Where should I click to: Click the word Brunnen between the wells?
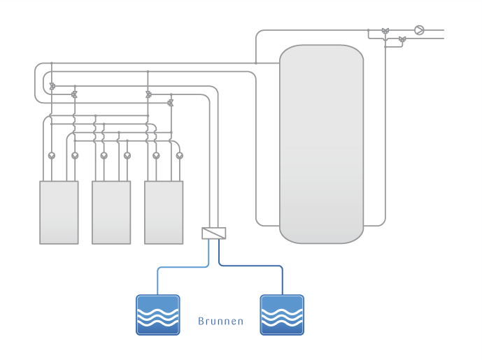pos(220,322)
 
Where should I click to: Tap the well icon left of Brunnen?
pos(157,315)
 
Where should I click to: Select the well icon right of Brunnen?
pos(282,315)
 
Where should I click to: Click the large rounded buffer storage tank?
pos(321,144)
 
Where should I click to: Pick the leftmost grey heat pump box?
pos(59,213)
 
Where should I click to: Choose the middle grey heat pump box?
pos(111,213)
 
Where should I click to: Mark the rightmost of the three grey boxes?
pos(164,213)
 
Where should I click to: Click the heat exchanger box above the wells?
pos(214,233)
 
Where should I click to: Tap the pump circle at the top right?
pos(418,30)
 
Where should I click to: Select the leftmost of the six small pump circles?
pos(51,155)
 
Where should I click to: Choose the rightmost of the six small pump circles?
pos(179,155)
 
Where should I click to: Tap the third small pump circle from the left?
pos(104,155)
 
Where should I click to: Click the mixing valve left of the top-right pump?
pos(385,31)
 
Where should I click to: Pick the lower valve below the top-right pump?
pos(401,39)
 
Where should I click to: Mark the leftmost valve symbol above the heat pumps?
pos(52,86)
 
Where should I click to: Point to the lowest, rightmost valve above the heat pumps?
pos(170,102)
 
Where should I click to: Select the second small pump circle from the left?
pos(75,155)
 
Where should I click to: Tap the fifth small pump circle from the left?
pos(156,155)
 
